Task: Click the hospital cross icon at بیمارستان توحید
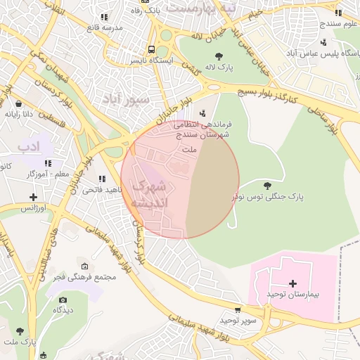point(293,282)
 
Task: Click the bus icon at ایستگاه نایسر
point(151,49)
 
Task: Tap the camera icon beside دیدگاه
point(63,300)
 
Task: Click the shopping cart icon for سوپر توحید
point(237,309)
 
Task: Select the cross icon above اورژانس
point(33,197)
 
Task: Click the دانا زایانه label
point(20,113)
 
